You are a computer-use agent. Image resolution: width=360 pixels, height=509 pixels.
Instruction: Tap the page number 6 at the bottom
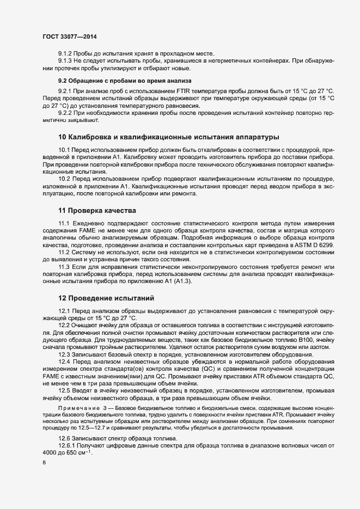point(44,462)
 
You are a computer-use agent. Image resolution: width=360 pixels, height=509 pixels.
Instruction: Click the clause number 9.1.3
point(66,60)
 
